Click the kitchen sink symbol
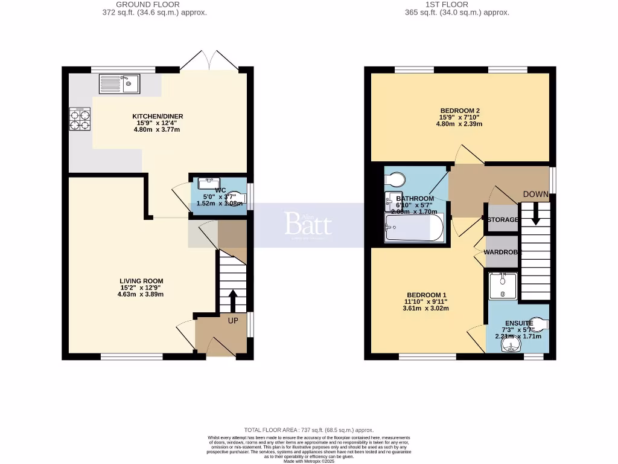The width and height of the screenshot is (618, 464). (x=119, y=84)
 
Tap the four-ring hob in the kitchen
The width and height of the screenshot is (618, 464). (x=80, y=119)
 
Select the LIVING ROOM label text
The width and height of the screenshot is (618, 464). (x=141, y=281)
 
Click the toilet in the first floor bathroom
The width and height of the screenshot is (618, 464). (x=396, y=179)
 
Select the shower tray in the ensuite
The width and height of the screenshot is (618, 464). (x=502, y=285)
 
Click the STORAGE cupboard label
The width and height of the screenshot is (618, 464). (x=503, y=219)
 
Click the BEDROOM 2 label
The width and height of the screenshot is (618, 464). (x=460, y=111)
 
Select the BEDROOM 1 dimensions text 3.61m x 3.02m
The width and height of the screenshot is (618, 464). (x=425, y=308)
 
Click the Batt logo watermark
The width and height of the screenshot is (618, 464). (x=308, y=225)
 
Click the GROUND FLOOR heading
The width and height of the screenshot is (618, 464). (x=154, y=4)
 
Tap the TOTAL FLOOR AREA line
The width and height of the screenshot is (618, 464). (x=308, y=429)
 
